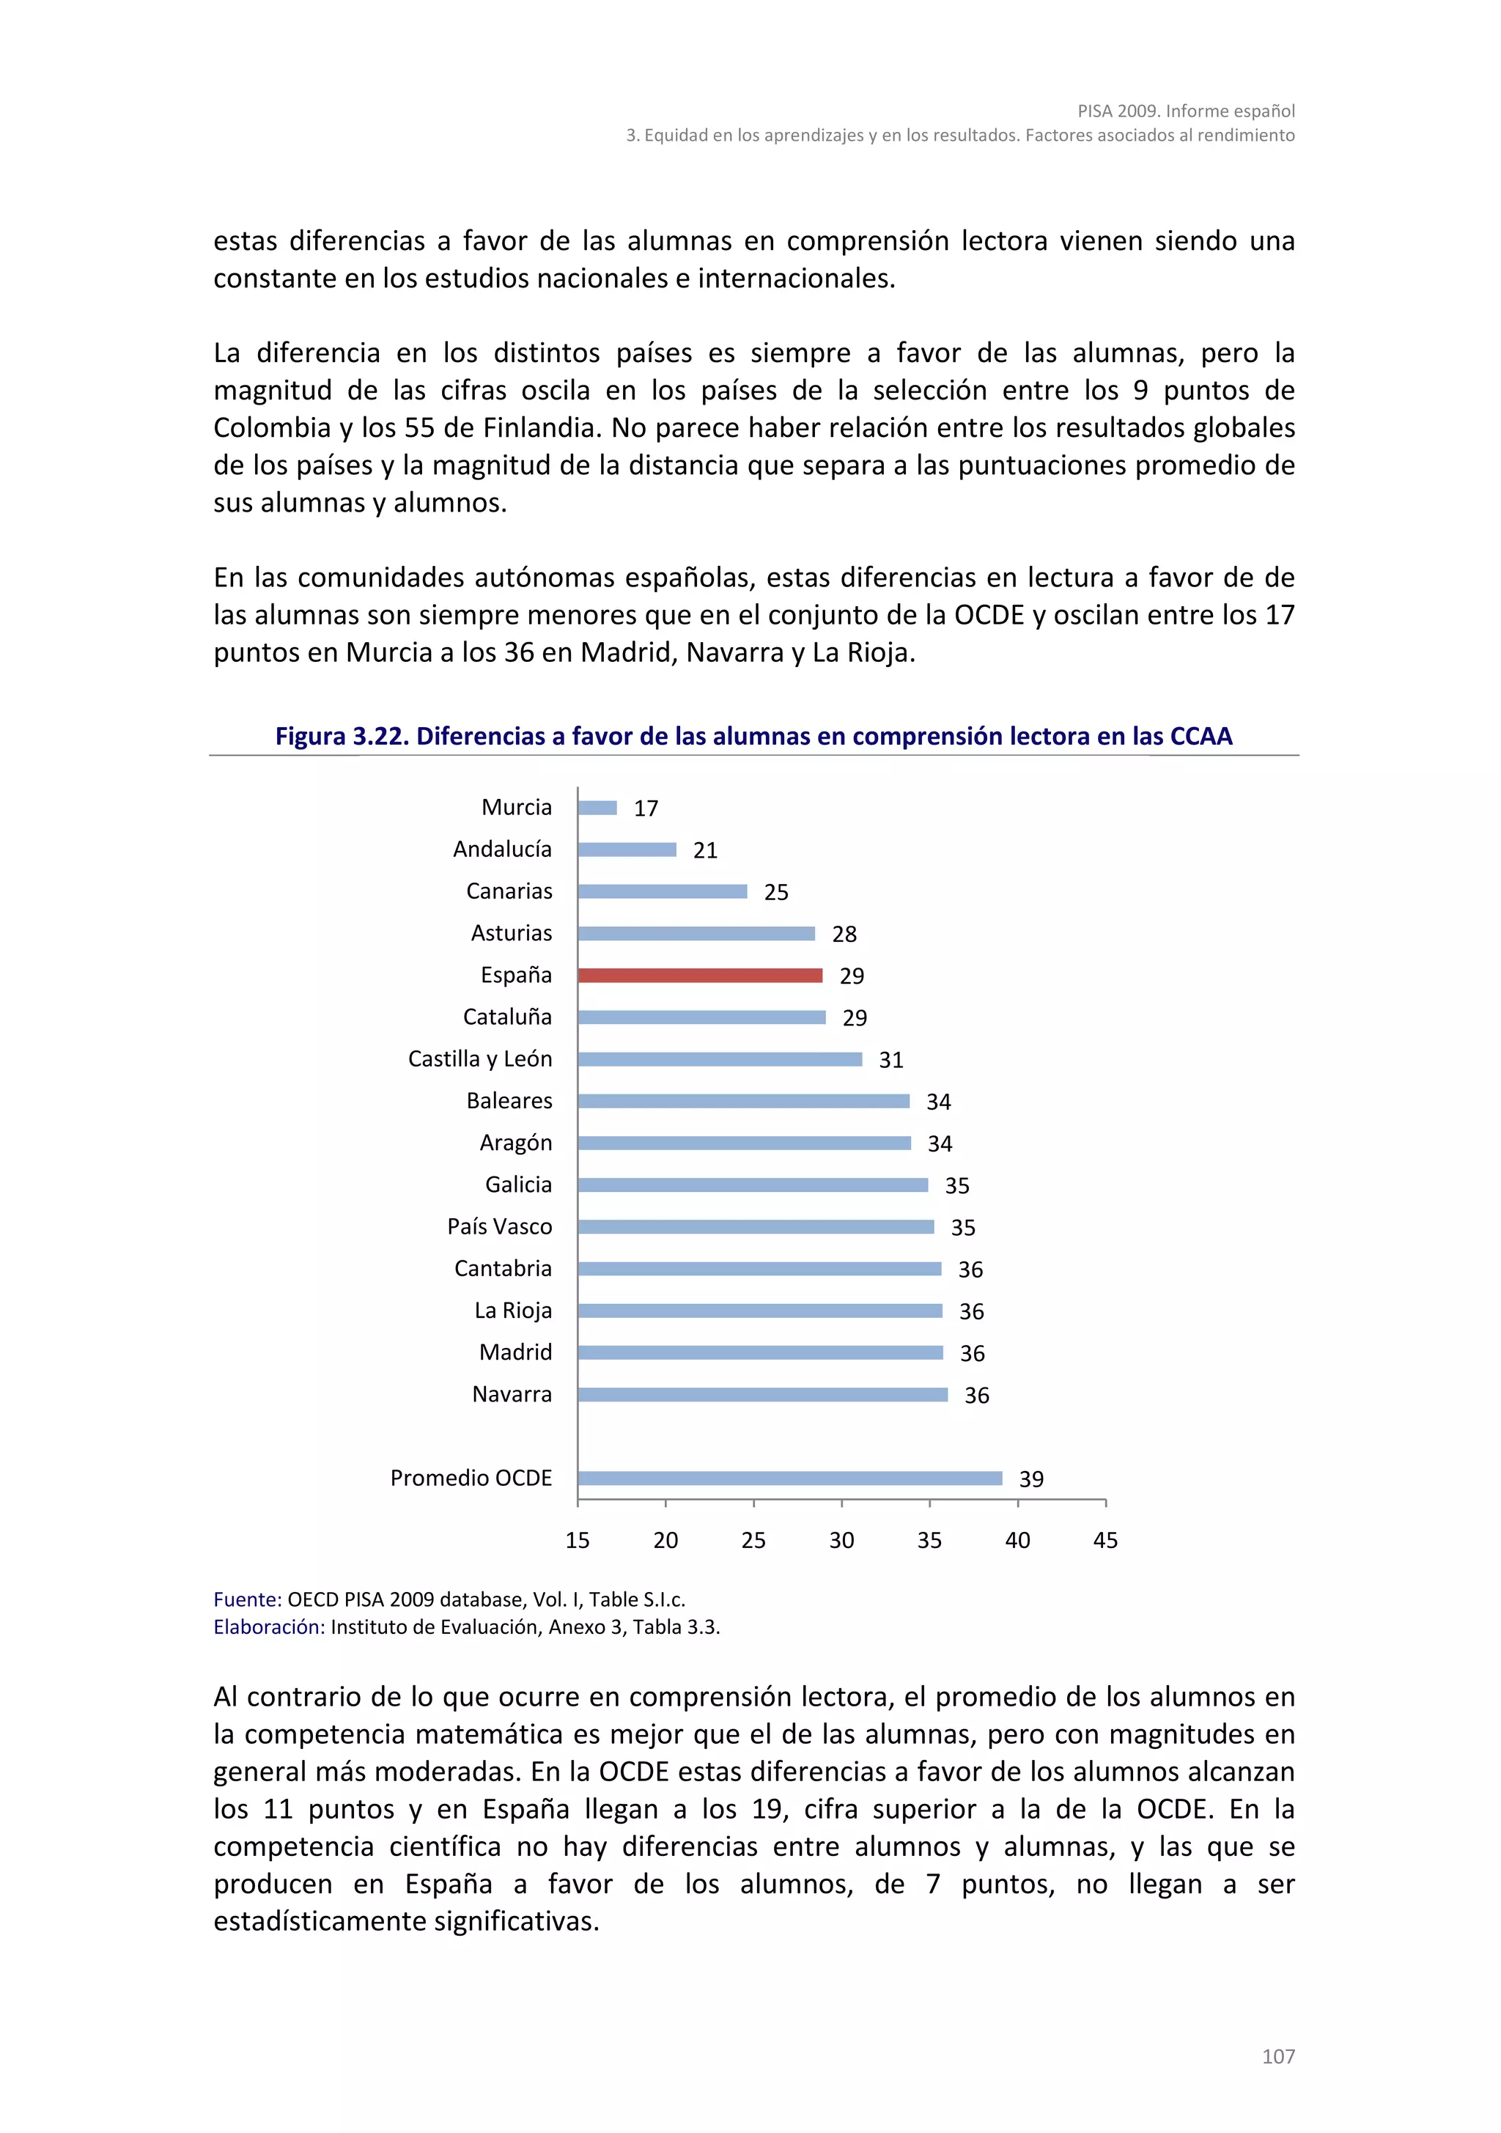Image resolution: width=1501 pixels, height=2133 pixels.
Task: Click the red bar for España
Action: (699, 976)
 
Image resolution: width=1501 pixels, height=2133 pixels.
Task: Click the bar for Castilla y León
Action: (720, 1059)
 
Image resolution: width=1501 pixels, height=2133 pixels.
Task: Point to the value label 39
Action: (1031, 1479)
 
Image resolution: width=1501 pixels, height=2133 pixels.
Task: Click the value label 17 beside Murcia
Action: (646, 808)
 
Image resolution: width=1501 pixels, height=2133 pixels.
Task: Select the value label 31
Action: (890, 1060)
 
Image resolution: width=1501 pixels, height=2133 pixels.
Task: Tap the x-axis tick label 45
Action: (1105, 1540)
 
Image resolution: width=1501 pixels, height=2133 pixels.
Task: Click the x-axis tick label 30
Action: (841, 1540)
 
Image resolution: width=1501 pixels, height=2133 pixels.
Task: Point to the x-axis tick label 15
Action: (578, 1540)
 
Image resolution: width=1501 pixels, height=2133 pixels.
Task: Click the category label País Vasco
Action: (500, 1226)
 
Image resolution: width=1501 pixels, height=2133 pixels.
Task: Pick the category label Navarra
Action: (512, 1393)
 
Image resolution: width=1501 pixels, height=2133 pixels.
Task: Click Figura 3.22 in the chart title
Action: (340, 736)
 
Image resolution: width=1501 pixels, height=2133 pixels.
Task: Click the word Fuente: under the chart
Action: (247, 1599)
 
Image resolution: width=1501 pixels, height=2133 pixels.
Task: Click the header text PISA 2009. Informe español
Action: (1186, 111)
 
